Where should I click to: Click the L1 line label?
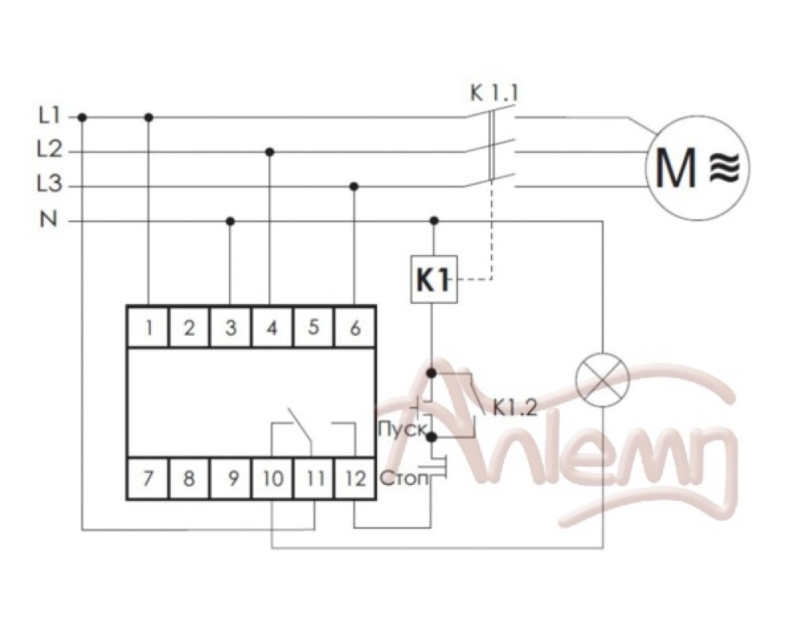[49, 117]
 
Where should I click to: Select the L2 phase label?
[49, 150]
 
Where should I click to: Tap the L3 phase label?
[49, 183]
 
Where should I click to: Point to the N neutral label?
[48, 221]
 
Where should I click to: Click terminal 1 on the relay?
[148, 328]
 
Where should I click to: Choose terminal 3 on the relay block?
[231, 328]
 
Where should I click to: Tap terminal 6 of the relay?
[355, 328]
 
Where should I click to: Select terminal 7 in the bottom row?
[148, 478]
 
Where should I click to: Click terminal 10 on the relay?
[272, 478]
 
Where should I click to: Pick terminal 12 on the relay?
[355, 478]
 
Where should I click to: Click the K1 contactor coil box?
[434, 279]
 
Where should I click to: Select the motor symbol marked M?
[698, 167]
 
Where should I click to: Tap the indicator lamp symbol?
[603, 379]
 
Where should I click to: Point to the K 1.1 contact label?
[494, 94]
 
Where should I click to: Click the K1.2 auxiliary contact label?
[515, 407]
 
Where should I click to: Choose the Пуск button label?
[402, 429]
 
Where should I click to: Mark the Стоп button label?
[403, 478]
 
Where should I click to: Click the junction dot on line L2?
[270, 152]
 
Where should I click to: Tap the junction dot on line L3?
[354, 187]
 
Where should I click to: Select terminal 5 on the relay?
[314, 328]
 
